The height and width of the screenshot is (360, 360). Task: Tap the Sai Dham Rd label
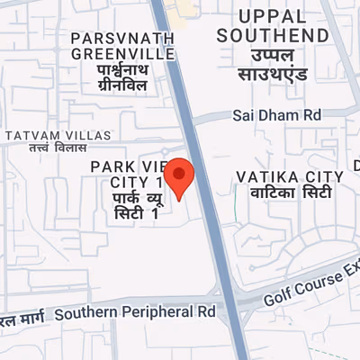pyautogui.click(x=276, y=115)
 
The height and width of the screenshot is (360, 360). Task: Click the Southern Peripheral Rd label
pyautogui.click(x=135, y=314)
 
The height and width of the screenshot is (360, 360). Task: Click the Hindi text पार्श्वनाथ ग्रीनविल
pyautogui.click(x=123, y=76)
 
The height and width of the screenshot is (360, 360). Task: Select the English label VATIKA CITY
pyautogui.click(x=289, y=175)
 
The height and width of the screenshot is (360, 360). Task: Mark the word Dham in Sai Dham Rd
pyautogui.click(x=276, y=115)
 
